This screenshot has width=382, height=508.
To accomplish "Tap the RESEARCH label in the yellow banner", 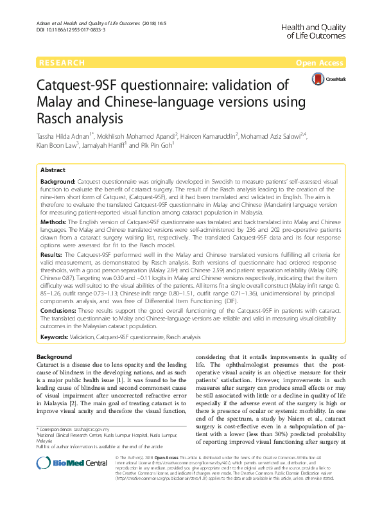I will tap(62, 63).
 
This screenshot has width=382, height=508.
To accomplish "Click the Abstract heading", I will tap(53, 170).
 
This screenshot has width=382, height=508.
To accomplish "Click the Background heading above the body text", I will tap(54, 356).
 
